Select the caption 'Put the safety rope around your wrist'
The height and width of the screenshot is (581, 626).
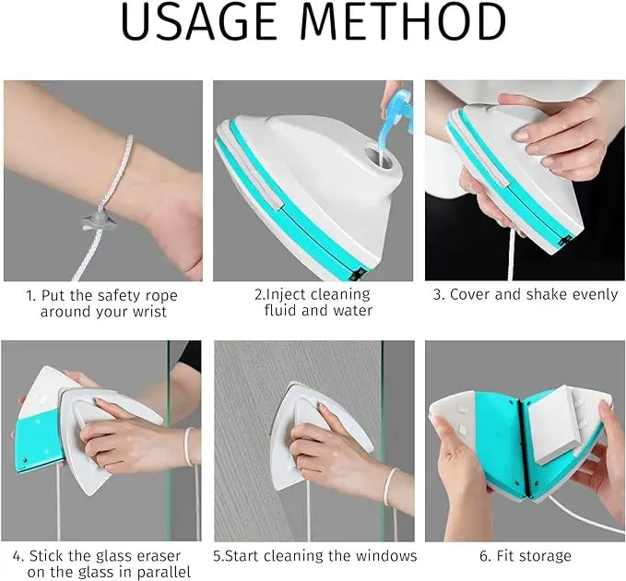tap(101, 303)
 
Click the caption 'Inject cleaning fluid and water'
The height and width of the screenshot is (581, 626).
tap(313, 302)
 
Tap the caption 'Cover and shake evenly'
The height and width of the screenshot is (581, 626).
tap(525, 295)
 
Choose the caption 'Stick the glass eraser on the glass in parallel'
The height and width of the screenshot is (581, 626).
tap(97, 563)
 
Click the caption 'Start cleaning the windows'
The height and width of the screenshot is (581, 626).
tap(315, 556)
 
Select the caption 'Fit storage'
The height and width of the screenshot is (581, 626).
tap(526, 556)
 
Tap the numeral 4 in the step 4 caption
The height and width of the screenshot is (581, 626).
tap(18, 556)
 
